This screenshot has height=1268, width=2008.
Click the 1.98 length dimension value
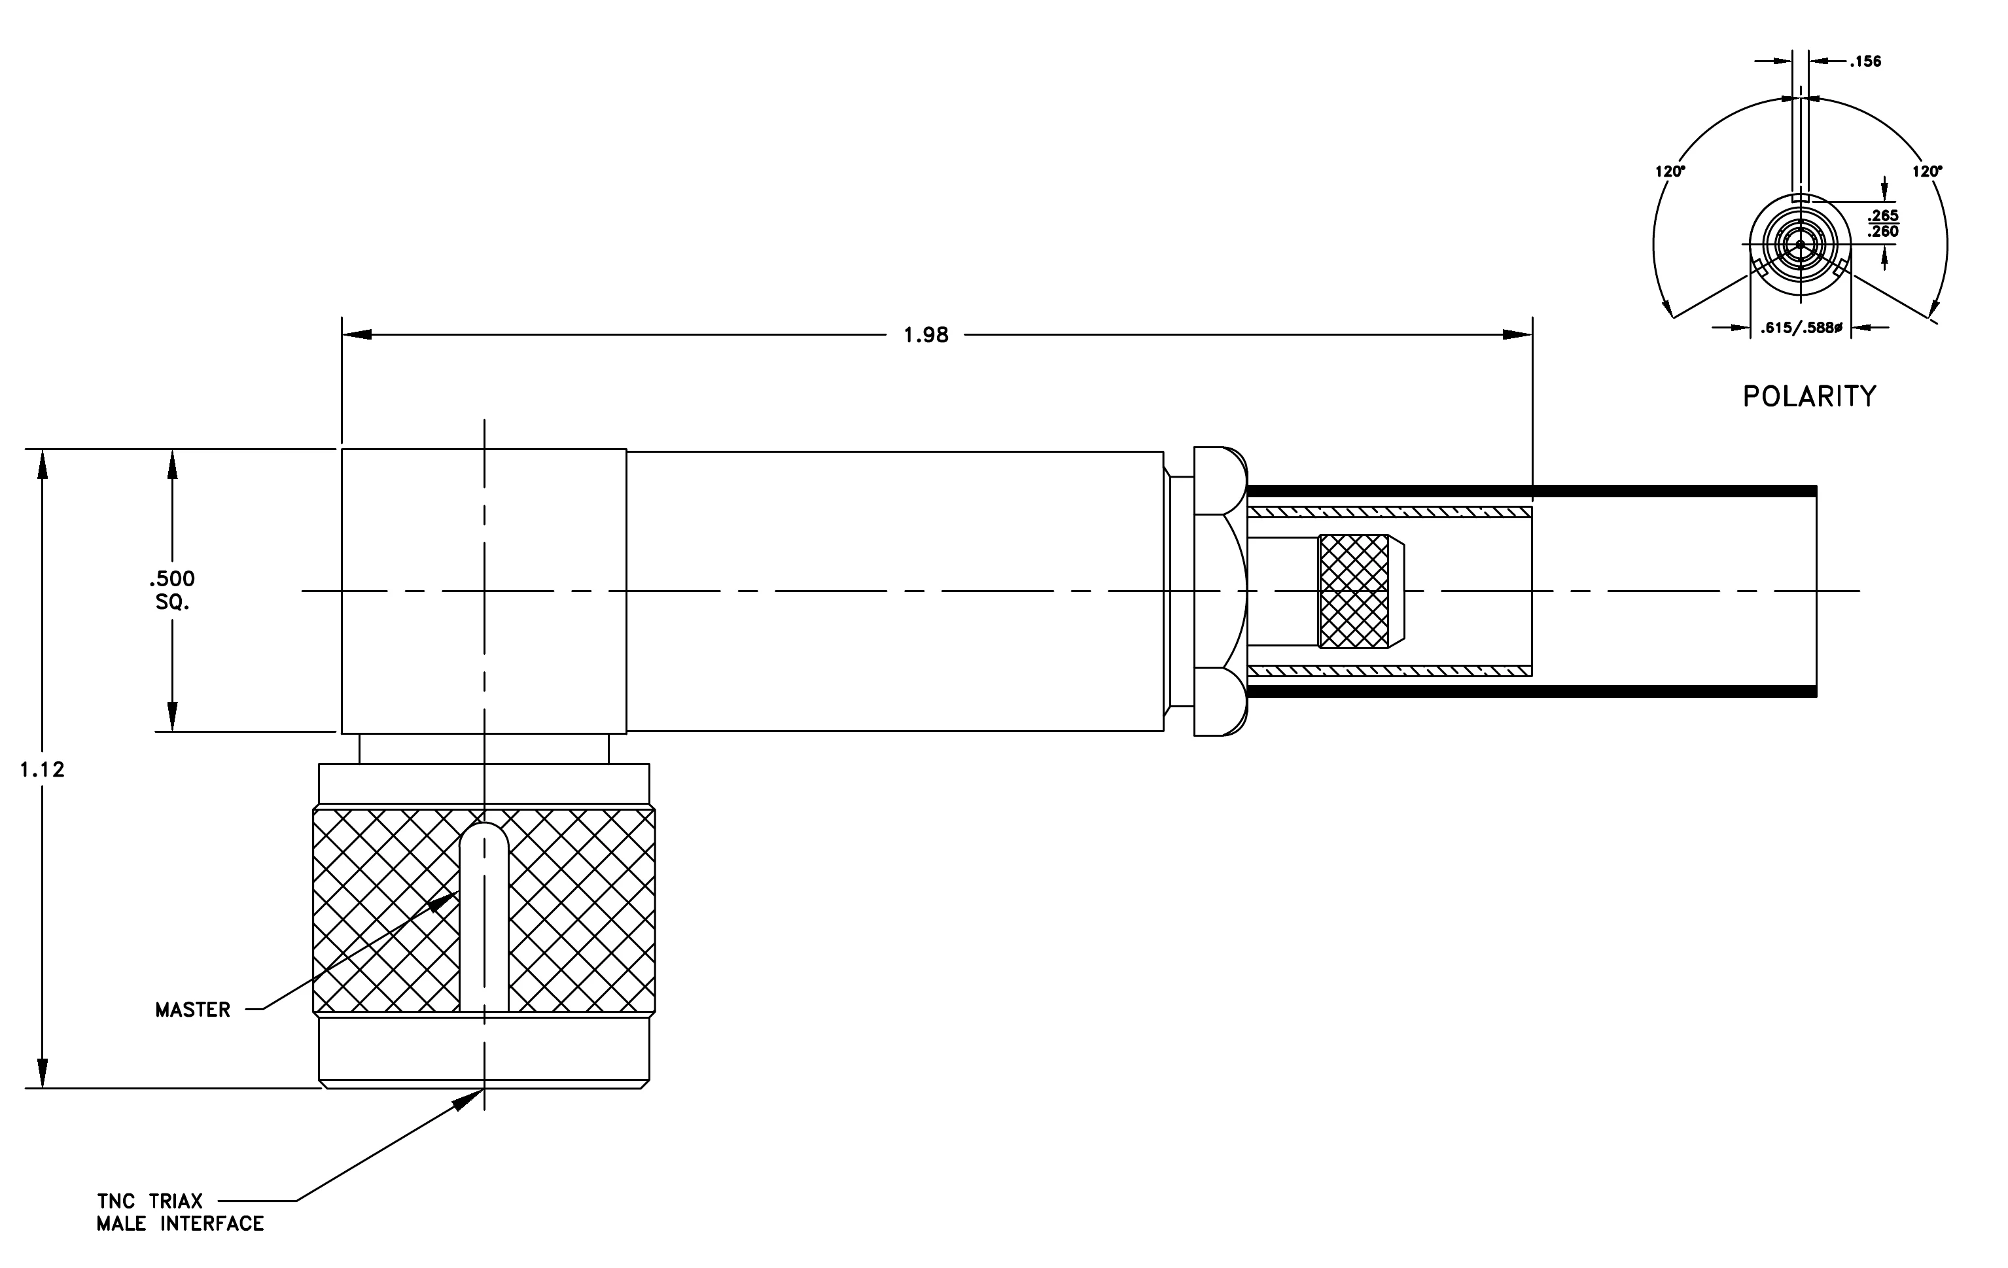926,335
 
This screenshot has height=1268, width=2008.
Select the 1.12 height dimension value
43,769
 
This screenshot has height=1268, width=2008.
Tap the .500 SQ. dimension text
172,590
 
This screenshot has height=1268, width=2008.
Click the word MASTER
192,1010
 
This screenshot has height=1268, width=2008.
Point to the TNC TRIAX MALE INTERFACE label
180,1212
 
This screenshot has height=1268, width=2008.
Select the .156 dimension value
1865,61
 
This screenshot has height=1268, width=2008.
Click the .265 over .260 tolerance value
1883,223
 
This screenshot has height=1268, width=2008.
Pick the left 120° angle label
1670,171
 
